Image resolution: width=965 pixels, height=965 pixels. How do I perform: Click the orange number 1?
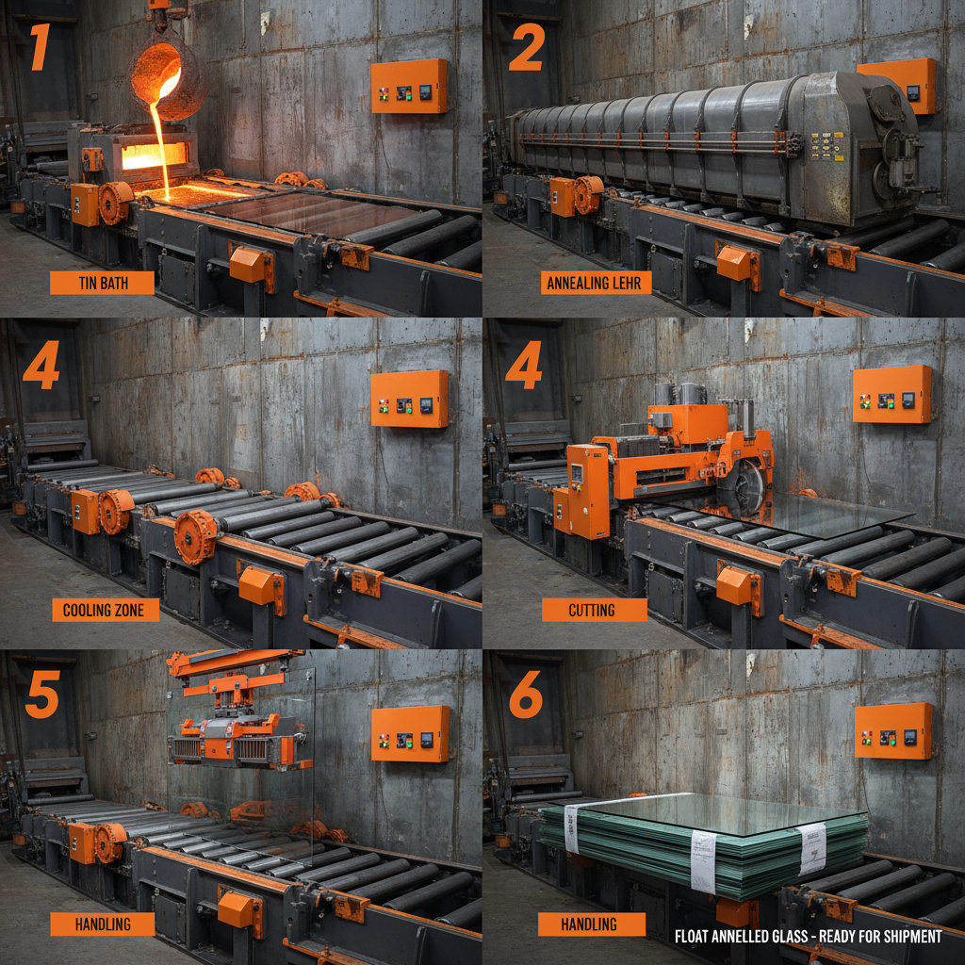pyautogui.click(x=39, y=48)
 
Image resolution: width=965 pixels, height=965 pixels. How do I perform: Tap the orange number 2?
pyautogui.click(x=526, y=48)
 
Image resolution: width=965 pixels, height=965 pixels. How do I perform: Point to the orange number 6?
pyautogui.click(x=526, y=695)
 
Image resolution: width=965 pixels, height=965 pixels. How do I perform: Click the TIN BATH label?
pyautogui.click(x=102, y=283)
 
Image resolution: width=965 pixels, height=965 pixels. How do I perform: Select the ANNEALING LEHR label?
pyautogui.click(x=597, y=283)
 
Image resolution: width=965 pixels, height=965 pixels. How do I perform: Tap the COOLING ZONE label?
pyautogui.click(x=104, y=610)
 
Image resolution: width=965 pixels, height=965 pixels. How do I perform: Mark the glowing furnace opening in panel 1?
pyautogui.click(x=153, y=156)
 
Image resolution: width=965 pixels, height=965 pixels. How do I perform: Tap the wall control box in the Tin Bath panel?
pyautogui.click(x=409, y=87)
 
